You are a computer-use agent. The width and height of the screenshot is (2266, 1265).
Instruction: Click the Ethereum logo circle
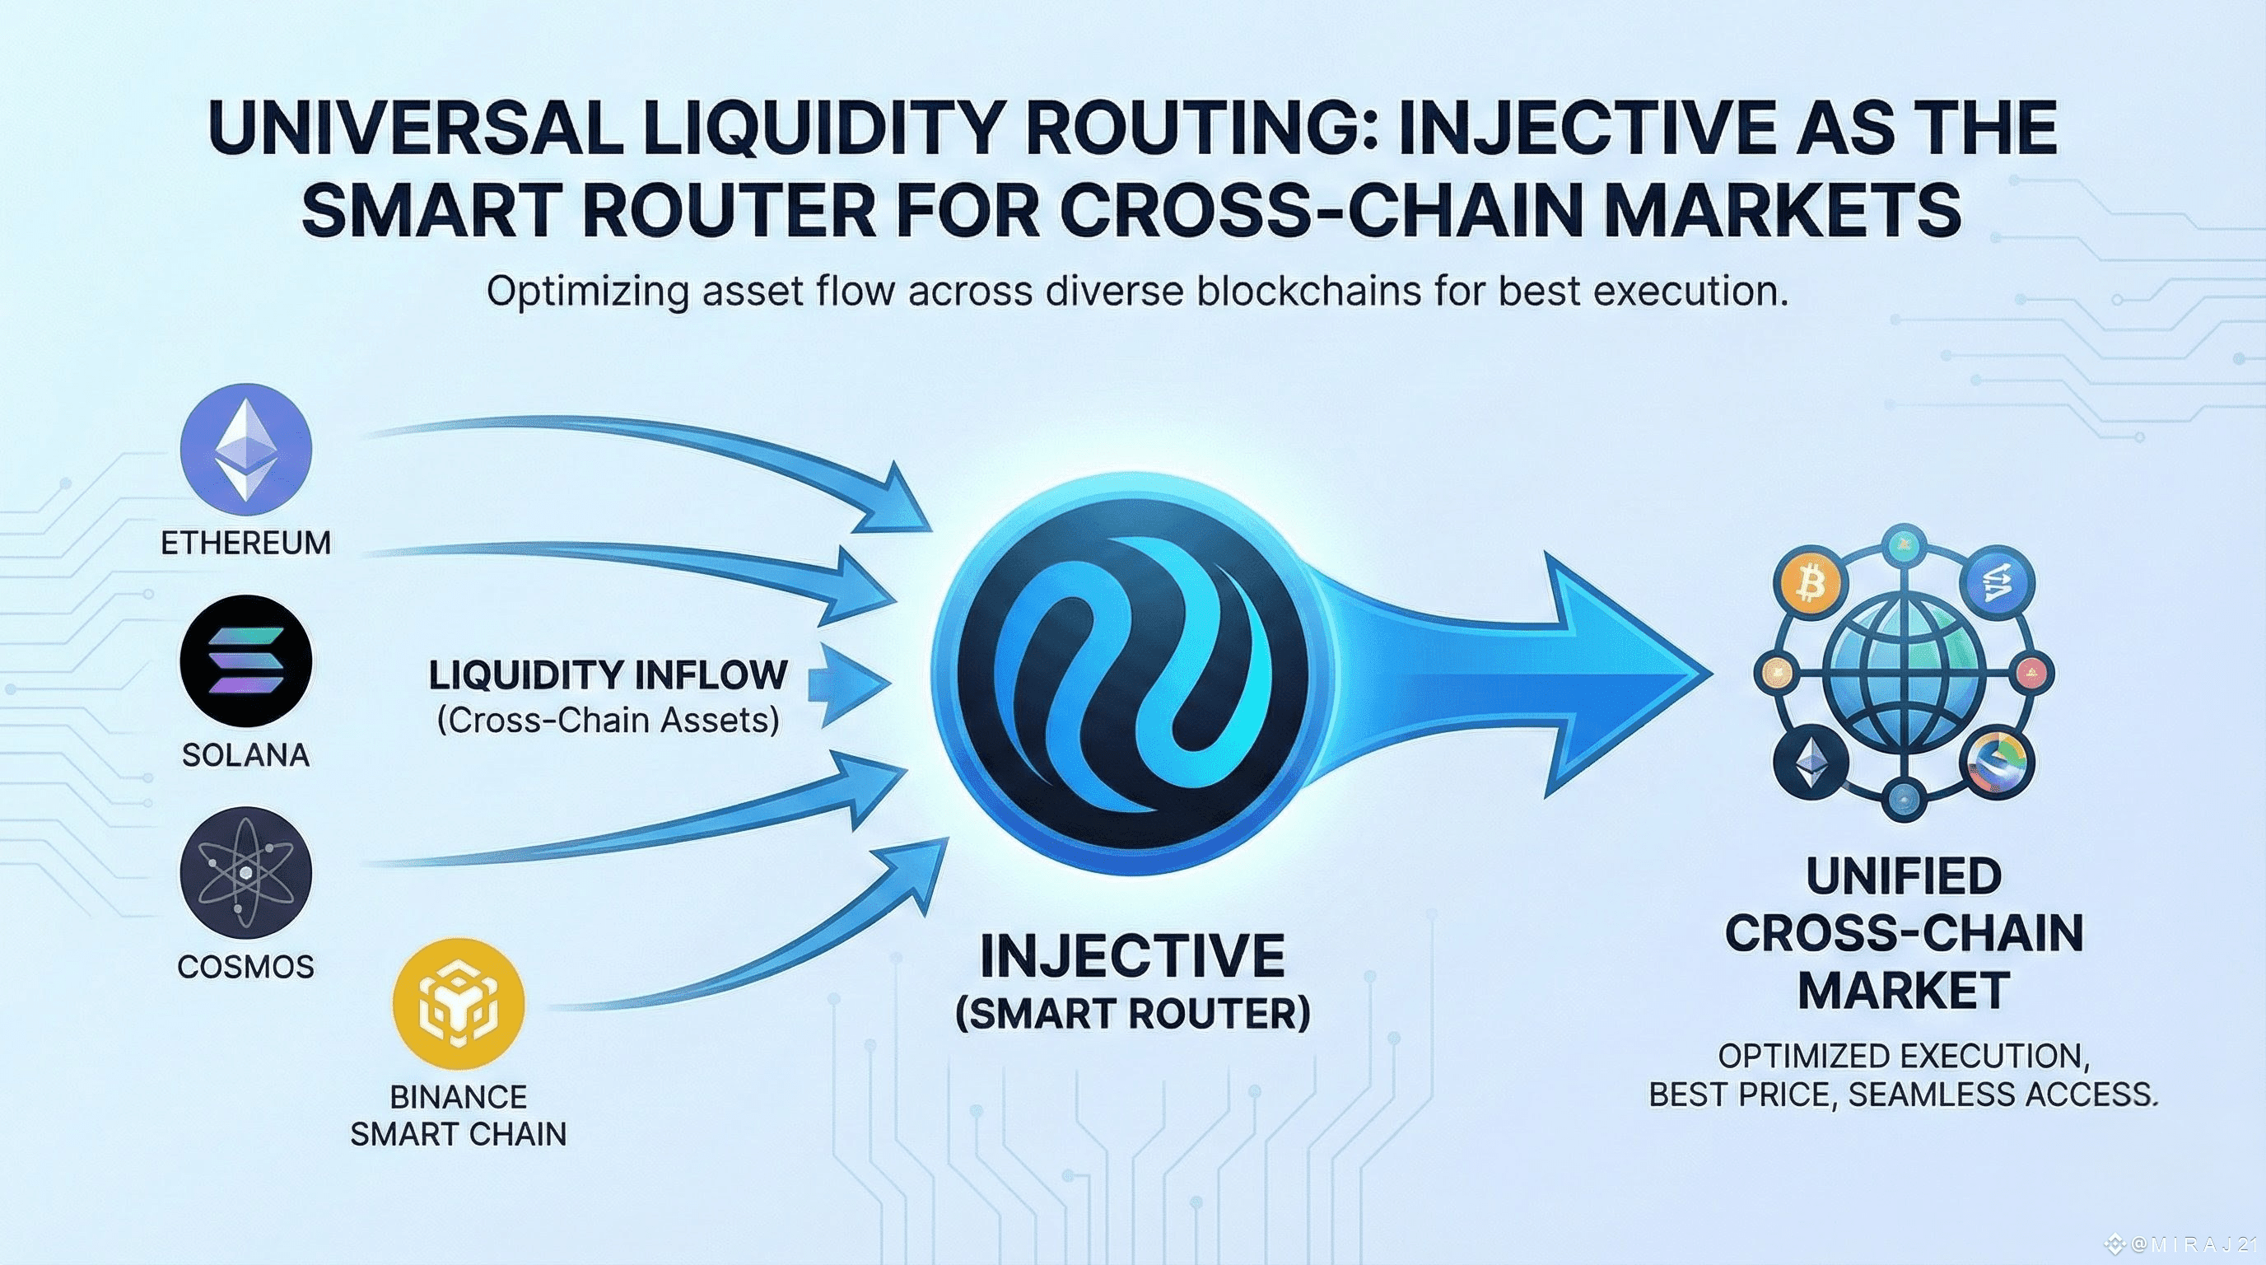pyautogui.click(x=245, y=450)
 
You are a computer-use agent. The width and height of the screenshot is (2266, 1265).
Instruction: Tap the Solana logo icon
pyautogui.click(x=245, y=661)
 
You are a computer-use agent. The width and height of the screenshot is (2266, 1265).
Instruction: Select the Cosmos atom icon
pyautogui.click(x=245, y=873)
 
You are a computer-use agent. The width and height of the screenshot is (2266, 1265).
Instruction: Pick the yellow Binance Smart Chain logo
pyautogui.click(x=459, y=1003)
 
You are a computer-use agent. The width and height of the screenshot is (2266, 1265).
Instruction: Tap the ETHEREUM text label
pyautogui.click(x=245, y=543)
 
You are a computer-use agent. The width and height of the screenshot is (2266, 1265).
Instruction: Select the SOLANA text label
pyautogui.click(x=245, y=754)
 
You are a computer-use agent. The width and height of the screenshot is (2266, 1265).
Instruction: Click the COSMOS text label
pyautogui.click(x=245, y=967)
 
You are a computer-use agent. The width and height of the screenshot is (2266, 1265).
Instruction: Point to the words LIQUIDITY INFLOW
pyautogui.click(x=608, y=675)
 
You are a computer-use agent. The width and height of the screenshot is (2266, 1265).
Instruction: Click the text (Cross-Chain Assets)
pyautogui.click(x=608, y=721)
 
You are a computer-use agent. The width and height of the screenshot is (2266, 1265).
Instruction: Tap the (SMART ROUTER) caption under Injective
pyautogui.click(x=1132, y=1014)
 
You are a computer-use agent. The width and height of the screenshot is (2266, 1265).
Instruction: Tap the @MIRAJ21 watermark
pyautogui.click(x=2190, y=1244)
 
